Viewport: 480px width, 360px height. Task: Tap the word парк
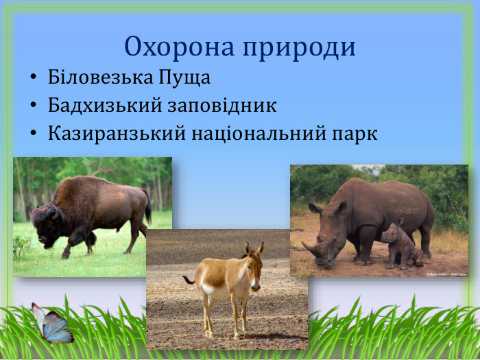[354, 134]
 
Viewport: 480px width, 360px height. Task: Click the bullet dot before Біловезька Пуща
[32, 78]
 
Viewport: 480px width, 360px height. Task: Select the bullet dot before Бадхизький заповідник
[32, 106]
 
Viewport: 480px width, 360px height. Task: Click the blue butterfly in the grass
[53, 324]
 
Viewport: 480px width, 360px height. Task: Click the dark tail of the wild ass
[188, 280]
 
